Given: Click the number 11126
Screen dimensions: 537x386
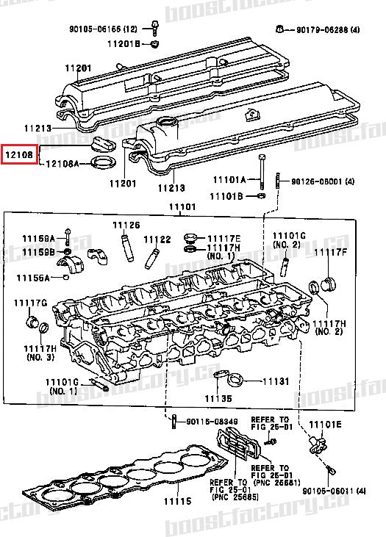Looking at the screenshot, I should [x=126, y=225].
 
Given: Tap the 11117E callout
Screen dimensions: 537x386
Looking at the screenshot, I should [x=224, y=238].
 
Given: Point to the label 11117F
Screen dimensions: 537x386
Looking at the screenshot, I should [x=330, y=253].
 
